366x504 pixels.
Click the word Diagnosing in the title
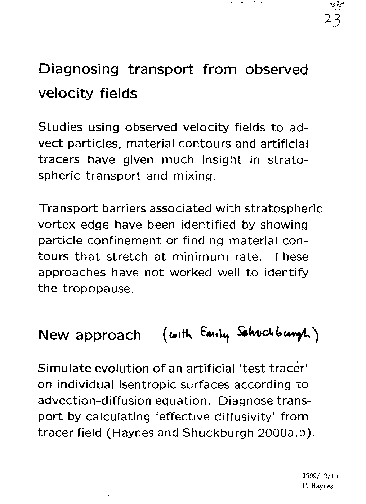click(78, 69)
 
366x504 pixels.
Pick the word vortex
click(57, 225)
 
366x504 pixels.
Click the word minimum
click(200, 257)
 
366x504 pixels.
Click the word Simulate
click(63, 369)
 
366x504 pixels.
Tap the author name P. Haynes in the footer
click(317, 486)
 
